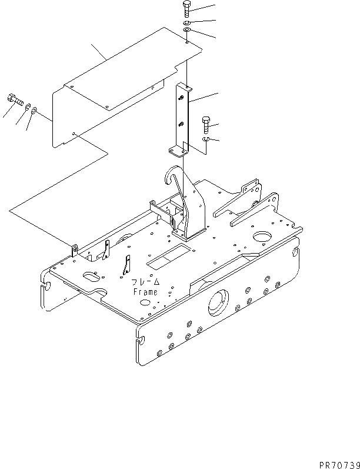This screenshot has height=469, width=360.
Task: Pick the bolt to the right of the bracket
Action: pos(205,124)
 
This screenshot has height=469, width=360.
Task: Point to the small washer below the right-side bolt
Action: pos(205,138)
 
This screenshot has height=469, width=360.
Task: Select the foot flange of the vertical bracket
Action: pos(177,152)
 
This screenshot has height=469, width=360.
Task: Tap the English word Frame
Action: pos(145,292)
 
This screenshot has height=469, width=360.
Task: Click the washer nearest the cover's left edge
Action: pos(34,109)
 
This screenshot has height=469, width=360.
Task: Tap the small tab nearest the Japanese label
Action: pos(125,265)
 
